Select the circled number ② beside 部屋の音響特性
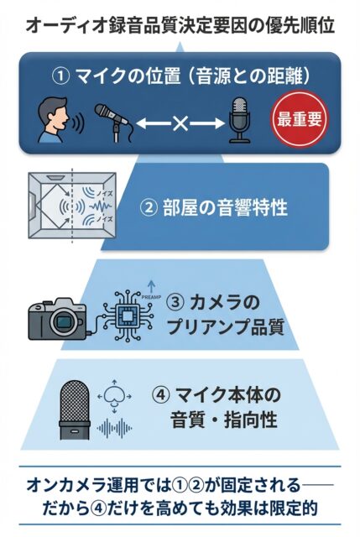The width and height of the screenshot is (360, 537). (149, 208)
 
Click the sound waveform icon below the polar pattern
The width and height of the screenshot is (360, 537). (115, 427)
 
